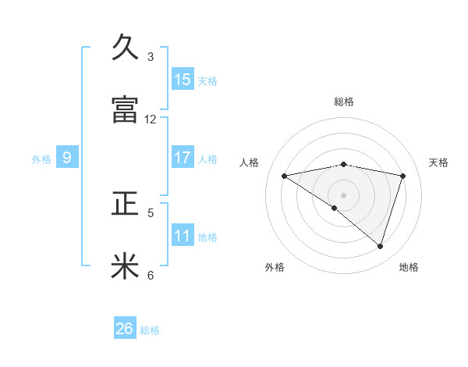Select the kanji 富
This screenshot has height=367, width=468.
(x=126, y=110)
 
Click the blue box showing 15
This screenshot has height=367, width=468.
(x=183, y=80)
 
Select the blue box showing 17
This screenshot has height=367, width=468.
(x=183, y=158)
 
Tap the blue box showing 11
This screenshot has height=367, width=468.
(x=183, y=236)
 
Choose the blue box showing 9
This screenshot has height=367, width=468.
(x=67, y=159)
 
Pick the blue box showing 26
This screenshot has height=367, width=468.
(x=125, y=329)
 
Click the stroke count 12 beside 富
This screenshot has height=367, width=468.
(x=151, y=119)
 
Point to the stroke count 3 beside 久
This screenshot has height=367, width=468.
(x=151, y=57)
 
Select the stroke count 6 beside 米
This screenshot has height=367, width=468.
(x=151, y=275)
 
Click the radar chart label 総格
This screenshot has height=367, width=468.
(x=344, y=102)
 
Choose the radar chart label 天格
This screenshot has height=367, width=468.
(x=439, y=162)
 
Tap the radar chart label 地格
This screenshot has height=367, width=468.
(x=409, y=267)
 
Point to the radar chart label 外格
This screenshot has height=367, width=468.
(x=275, y=267)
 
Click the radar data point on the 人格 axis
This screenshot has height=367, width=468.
(x=285, y=176)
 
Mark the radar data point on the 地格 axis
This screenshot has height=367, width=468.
(x=380, y=246)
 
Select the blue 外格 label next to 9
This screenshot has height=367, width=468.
(x=41, y=159)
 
